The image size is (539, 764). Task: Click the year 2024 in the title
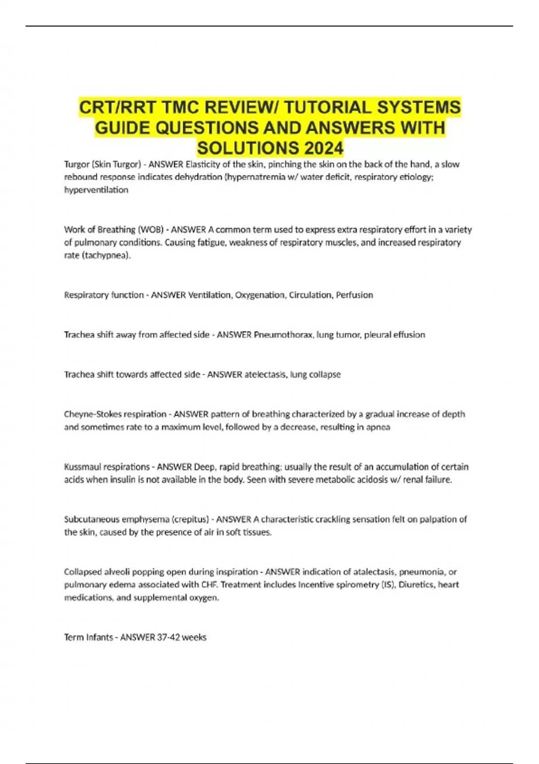(323, 148)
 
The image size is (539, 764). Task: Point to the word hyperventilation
(96, 190)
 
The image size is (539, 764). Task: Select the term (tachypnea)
(106, 256)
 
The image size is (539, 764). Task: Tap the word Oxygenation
(260, 295)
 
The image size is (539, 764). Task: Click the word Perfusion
(354, 295)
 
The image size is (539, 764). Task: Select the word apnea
(378, 427)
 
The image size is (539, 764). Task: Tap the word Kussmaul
(84, 466)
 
